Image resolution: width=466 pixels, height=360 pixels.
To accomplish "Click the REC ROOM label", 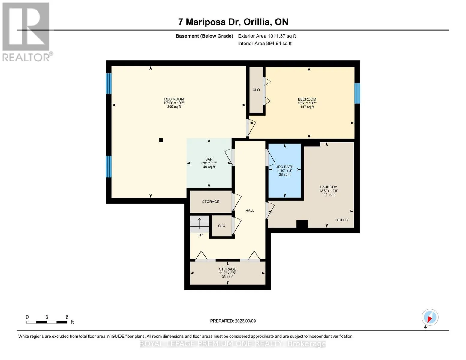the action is tap(174, 99).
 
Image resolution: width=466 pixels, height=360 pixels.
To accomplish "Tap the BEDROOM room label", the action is tap(307, 99).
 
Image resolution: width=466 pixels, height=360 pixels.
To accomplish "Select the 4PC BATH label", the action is tap(284, 167).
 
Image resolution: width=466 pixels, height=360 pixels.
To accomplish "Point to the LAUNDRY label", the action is tap(329, 187).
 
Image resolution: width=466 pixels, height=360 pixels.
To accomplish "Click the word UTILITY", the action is tap(342, 220).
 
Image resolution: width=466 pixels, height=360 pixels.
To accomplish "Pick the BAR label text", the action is tap(209, 159).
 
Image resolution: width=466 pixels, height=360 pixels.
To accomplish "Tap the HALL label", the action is tap(250, 211).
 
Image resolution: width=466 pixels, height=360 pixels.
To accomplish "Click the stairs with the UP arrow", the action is tap(200, 224).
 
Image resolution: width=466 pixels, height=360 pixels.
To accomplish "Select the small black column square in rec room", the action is tap(161, 140).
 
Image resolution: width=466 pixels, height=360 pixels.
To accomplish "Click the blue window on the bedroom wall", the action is tap(357, 93).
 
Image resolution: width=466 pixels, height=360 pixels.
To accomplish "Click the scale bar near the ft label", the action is tap(47, 322).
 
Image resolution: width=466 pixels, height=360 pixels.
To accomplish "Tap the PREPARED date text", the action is tap(233, 321).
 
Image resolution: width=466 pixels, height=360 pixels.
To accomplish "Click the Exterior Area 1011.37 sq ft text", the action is tap(267, 36).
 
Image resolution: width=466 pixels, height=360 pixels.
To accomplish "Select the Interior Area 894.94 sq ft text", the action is tap(265, 43).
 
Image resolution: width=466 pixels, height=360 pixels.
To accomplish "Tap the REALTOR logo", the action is tap(27, 32).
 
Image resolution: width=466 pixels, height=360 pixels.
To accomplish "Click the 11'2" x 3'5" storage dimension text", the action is tap(227, 273).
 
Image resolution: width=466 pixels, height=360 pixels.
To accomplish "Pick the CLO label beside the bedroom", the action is tap(256, 90).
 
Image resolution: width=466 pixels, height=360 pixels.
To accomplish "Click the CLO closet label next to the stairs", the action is tap(221, 226).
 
